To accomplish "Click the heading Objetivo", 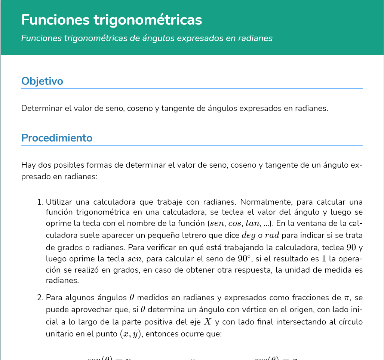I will point(42,81).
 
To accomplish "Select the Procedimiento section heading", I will point(57,138).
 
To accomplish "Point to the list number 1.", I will point(40,202).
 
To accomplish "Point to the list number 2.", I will point(40,298).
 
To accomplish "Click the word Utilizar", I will point(58,202).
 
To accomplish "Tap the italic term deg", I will point(249,236).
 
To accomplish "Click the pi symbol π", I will point(347,298).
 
